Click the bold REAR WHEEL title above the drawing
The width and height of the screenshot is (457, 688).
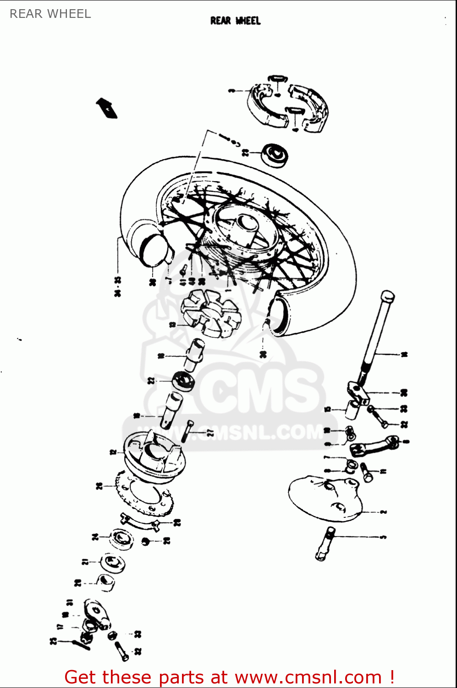[x=235, y=21]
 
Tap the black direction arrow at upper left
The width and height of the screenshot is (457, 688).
[x=106, y=108]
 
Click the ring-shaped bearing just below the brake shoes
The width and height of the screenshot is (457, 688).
[x=274, y=155]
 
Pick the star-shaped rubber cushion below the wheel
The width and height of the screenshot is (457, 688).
[x=209, y=312]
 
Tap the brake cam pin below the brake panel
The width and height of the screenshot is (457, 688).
[x=325, y=544]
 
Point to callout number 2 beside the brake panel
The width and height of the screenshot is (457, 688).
[x=383, y=511]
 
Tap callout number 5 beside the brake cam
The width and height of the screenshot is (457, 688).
[x=383, y=536]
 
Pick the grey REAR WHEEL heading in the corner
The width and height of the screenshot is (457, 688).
[x=50, y=14]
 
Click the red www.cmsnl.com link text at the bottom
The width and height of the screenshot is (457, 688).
[x=308, y=677]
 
